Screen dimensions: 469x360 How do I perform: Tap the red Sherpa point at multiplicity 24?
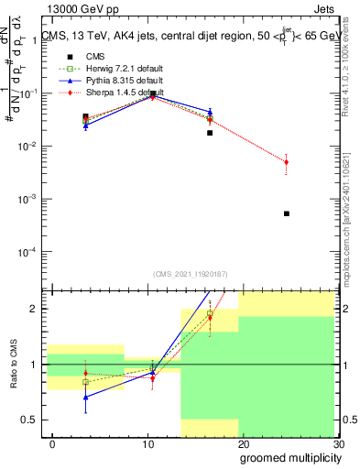[287, 162]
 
